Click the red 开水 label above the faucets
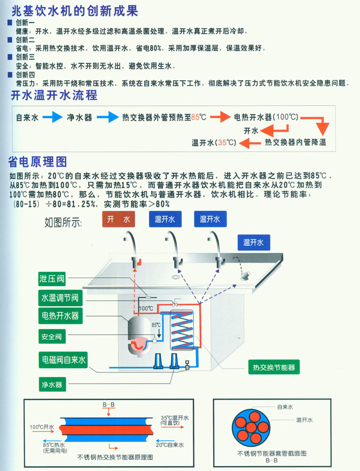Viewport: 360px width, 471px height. click(119, 220)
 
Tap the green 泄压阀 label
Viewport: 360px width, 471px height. click(52, 279)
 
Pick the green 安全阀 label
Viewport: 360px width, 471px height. click(52, 336)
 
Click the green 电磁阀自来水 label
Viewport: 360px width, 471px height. click(63, 360)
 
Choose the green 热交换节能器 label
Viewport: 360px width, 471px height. click(273, 367)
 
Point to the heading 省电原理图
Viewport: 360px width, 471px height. click(37, 162)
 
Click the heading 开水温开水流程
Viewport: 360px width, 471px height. click(54, 96)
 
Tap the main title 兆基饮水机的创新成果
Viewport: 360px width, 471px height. click(74, 11)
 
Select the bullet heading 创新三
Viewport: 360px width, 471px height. click(25, 57)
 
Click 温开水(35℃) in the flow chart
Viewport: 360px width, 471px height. click(214, 143)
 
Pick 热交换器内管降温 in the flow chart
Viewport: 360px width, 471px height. click(295, 143)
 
